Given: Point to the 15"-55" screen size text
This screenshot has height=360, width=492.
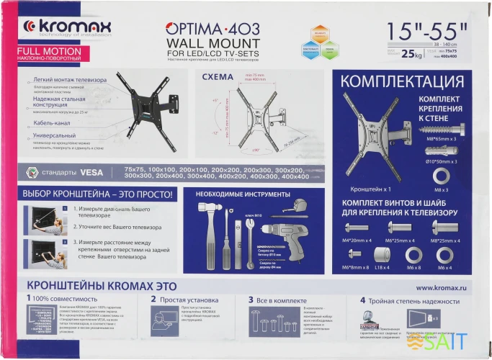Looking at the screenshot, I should point(426,31).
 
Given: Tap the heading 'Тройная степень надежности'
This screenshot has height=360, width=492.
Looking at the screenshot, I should point(411,299).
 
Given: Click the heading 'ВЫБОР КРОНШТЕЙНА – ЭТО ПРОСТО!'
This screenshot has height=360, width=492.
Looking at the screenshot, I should point(86,194).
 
